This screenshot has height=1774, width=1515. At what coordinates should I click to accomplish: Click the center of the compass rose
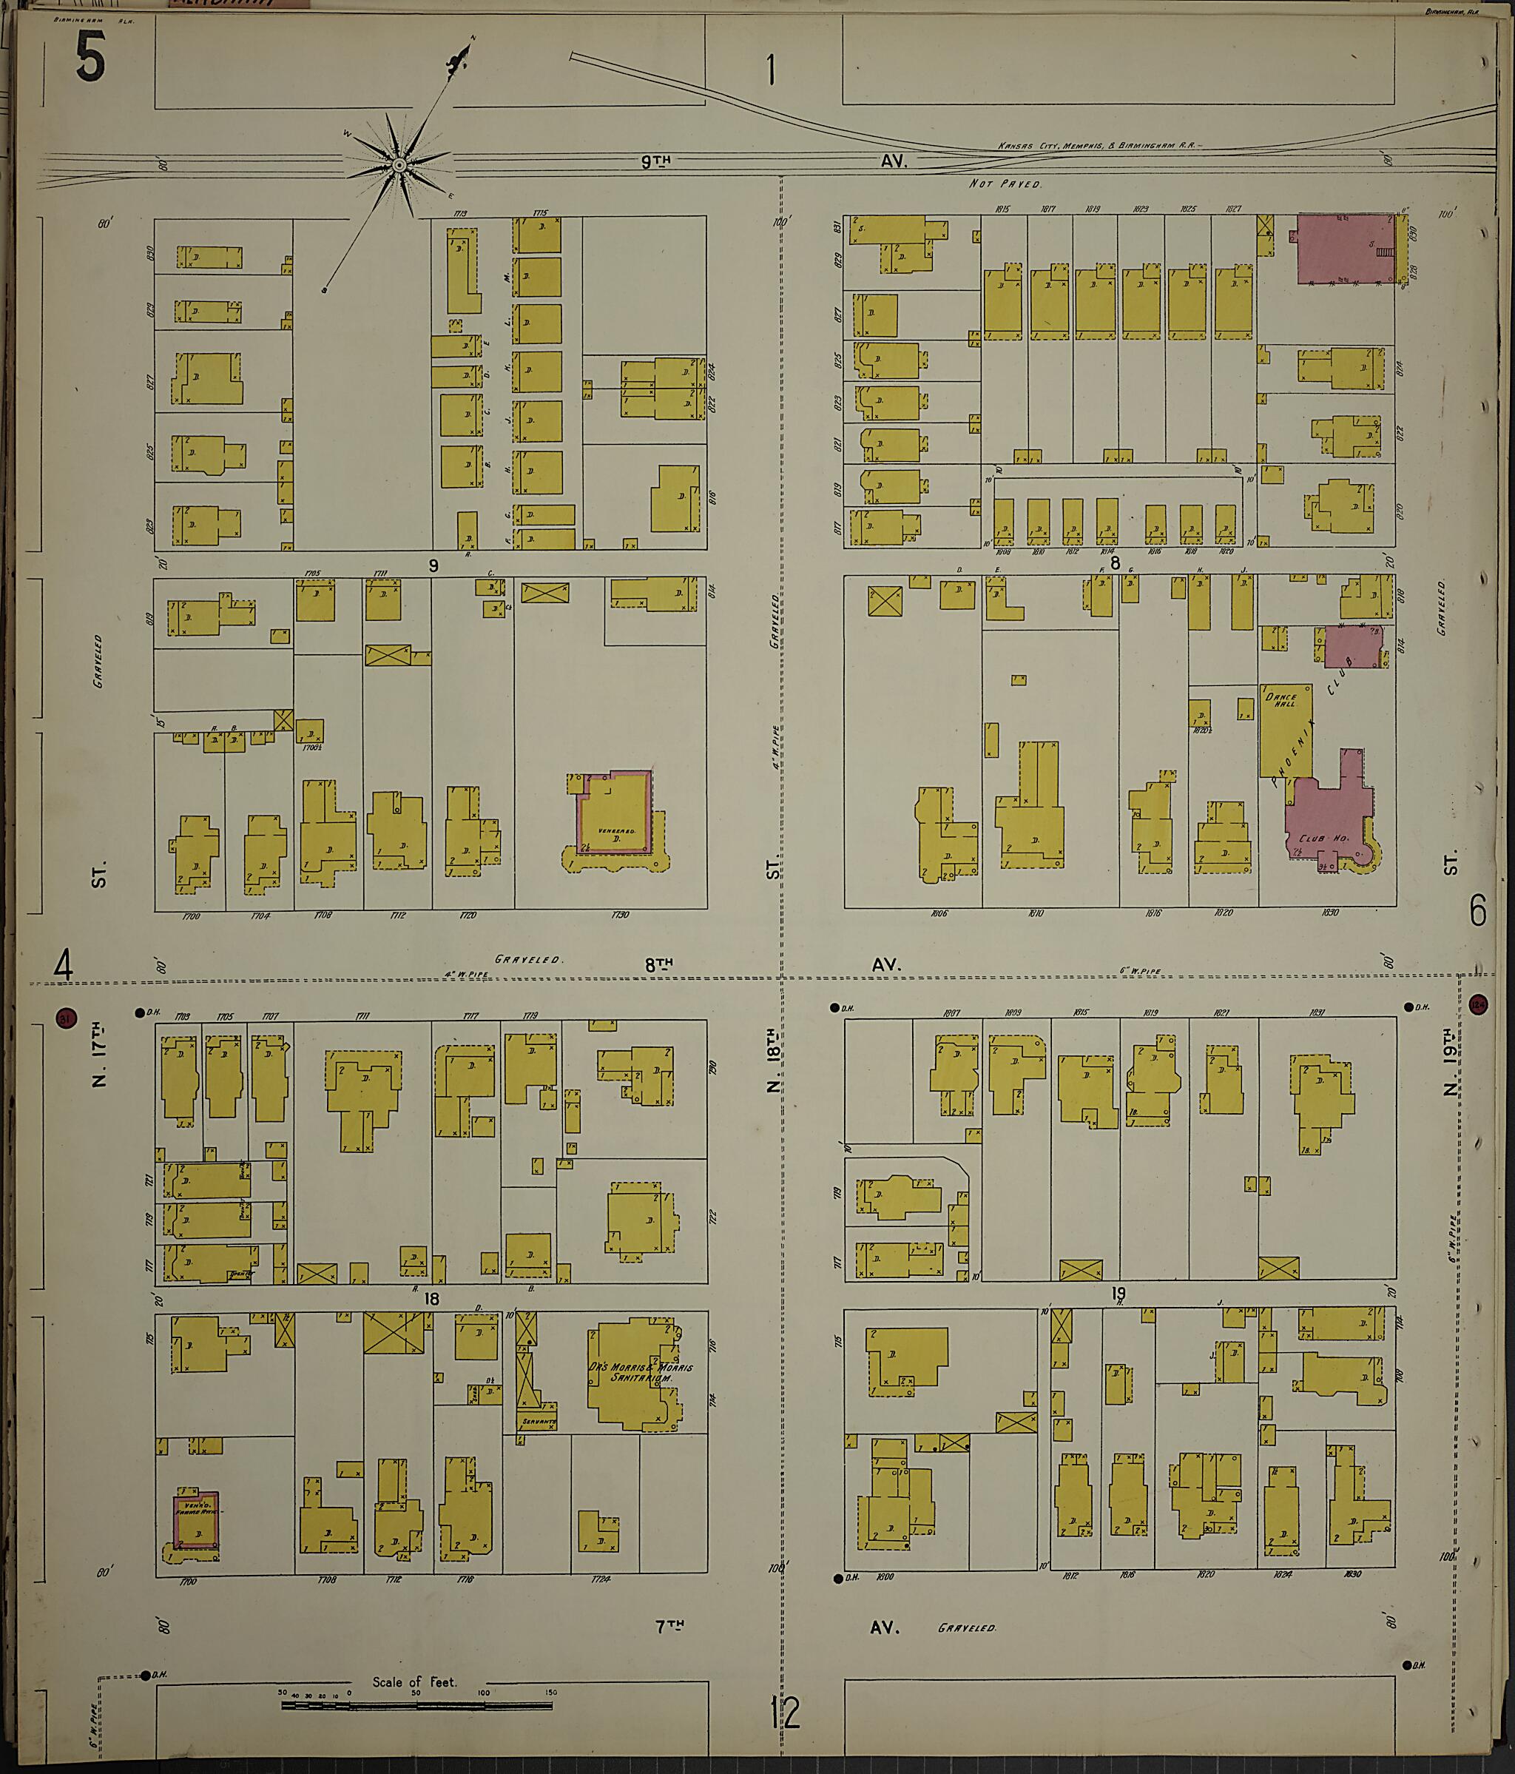pyautogui.click(x=399, y=164)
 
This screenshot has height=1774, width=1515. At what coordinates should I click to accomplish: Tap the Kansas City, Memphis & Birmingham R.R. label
pyautogui.click(x=1099, y=147)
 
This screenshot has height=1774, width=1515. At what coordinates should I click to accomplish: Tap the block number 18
pyautogui.click(x=431, y=1299)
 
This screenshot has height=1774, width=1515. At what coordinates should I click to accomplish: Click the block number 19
pyautogui.click(x=1117, y=1294)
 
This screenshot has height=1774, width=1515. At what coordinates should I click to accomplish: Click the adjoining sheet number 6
pyautogui.click(x=1477, y=912)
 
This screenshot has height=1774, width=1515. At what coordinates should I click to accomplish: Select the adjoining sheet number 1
pyautogui.click(x=772, y=70)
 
